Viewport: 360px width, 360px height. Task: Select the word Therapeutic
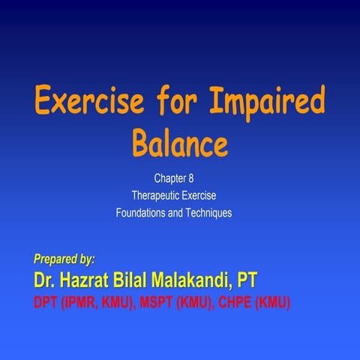click(156, 196)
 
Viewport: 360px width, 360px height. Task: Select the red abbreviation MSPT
click(157, 303)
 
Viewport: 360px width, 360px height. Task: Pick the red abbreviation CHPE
click(235, 303)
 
